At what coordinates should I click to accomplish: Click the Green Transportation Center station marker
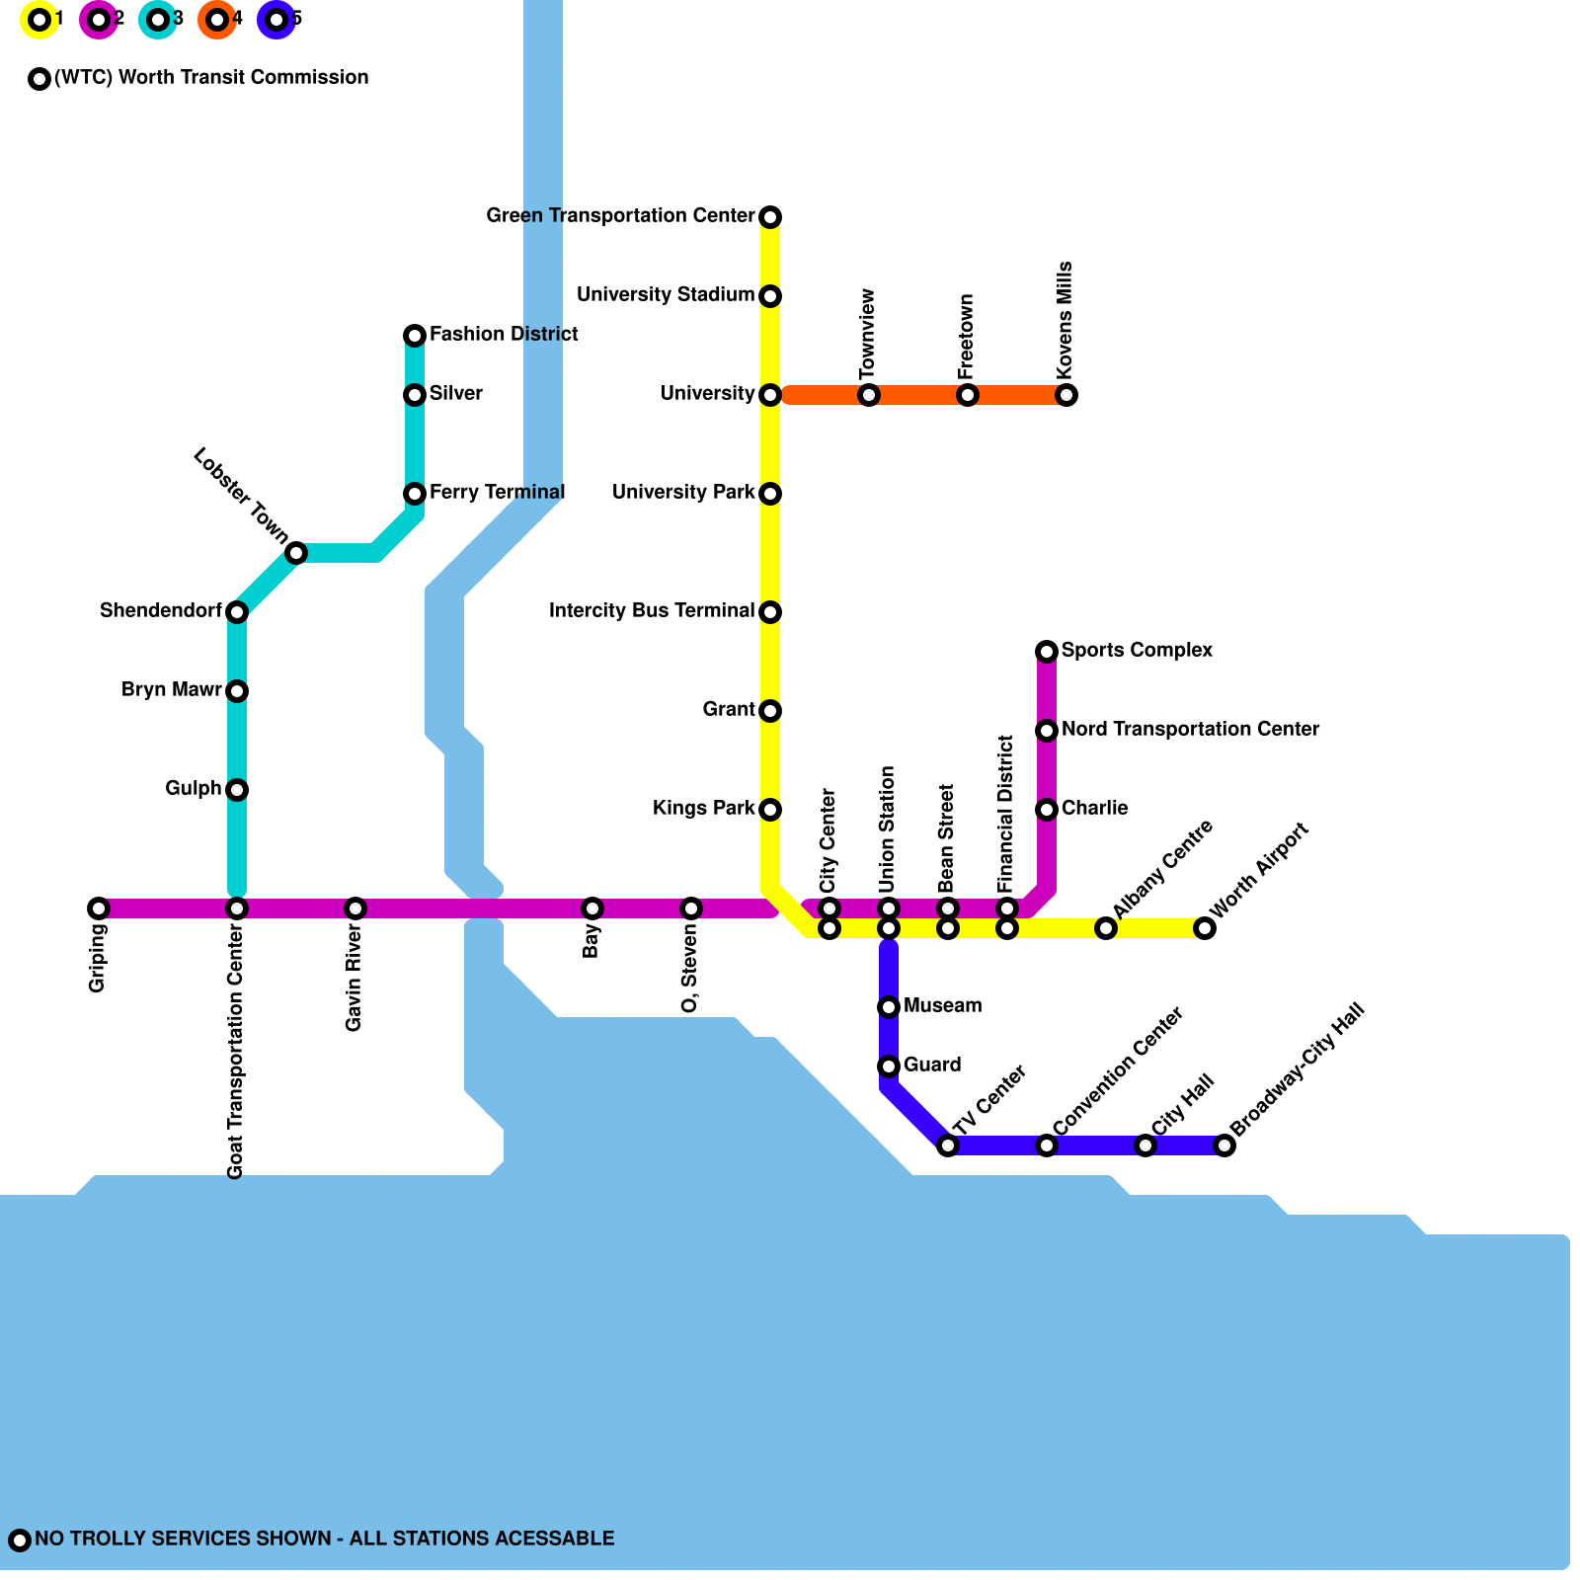tap(770, 217)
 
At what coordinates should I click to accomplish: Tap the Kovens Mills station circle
tap(1066, 395)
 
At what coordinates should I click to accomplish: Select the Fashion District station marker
tap(415, 336)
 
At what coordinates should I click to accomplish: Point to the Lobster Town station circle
tap(296, 553)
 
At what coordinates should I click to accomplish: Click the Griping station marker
tap(99, 908)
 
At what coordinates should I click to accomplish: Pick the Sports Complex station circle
tap(1047, 652)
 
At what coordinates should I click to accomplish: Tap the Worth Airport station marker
tap(1205, 928)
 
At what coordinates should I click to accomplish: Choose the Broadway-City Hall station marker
tap(1224, 1145)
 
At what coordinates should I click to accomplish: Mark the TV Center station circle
tap(948, 1145)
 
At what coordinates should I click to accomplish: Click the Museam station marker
tap(889, 1007)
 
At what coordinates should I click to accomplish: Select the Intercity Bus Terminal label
tap(652, 611)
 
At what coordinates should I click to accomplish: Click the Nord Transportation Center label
tap(1190, 730)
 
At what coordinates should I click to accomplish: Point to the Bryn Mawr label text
tap(172, 690)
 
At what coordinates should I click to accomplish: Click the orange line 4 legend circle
tap(217, 20)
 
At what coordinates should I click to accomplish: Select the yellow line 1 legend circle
tap(39, 20)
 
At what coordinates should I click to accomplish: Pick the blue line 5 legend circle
tap(276, 20)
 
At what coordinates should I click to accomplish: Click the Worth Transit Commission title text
tap(211, 78)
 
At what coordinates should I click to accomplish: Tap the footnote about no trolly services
tap(324, 1539)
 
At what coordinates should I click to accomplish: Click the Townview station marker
tap(869, 395)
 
